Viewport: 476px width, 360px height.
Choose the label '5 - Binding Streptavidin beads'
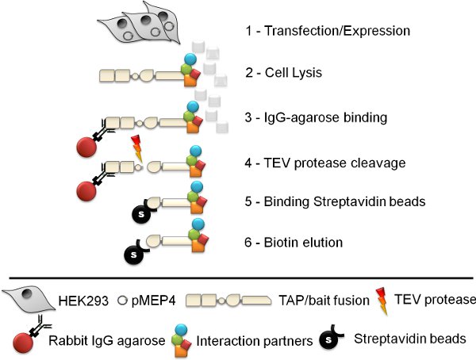click(336, 202)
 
